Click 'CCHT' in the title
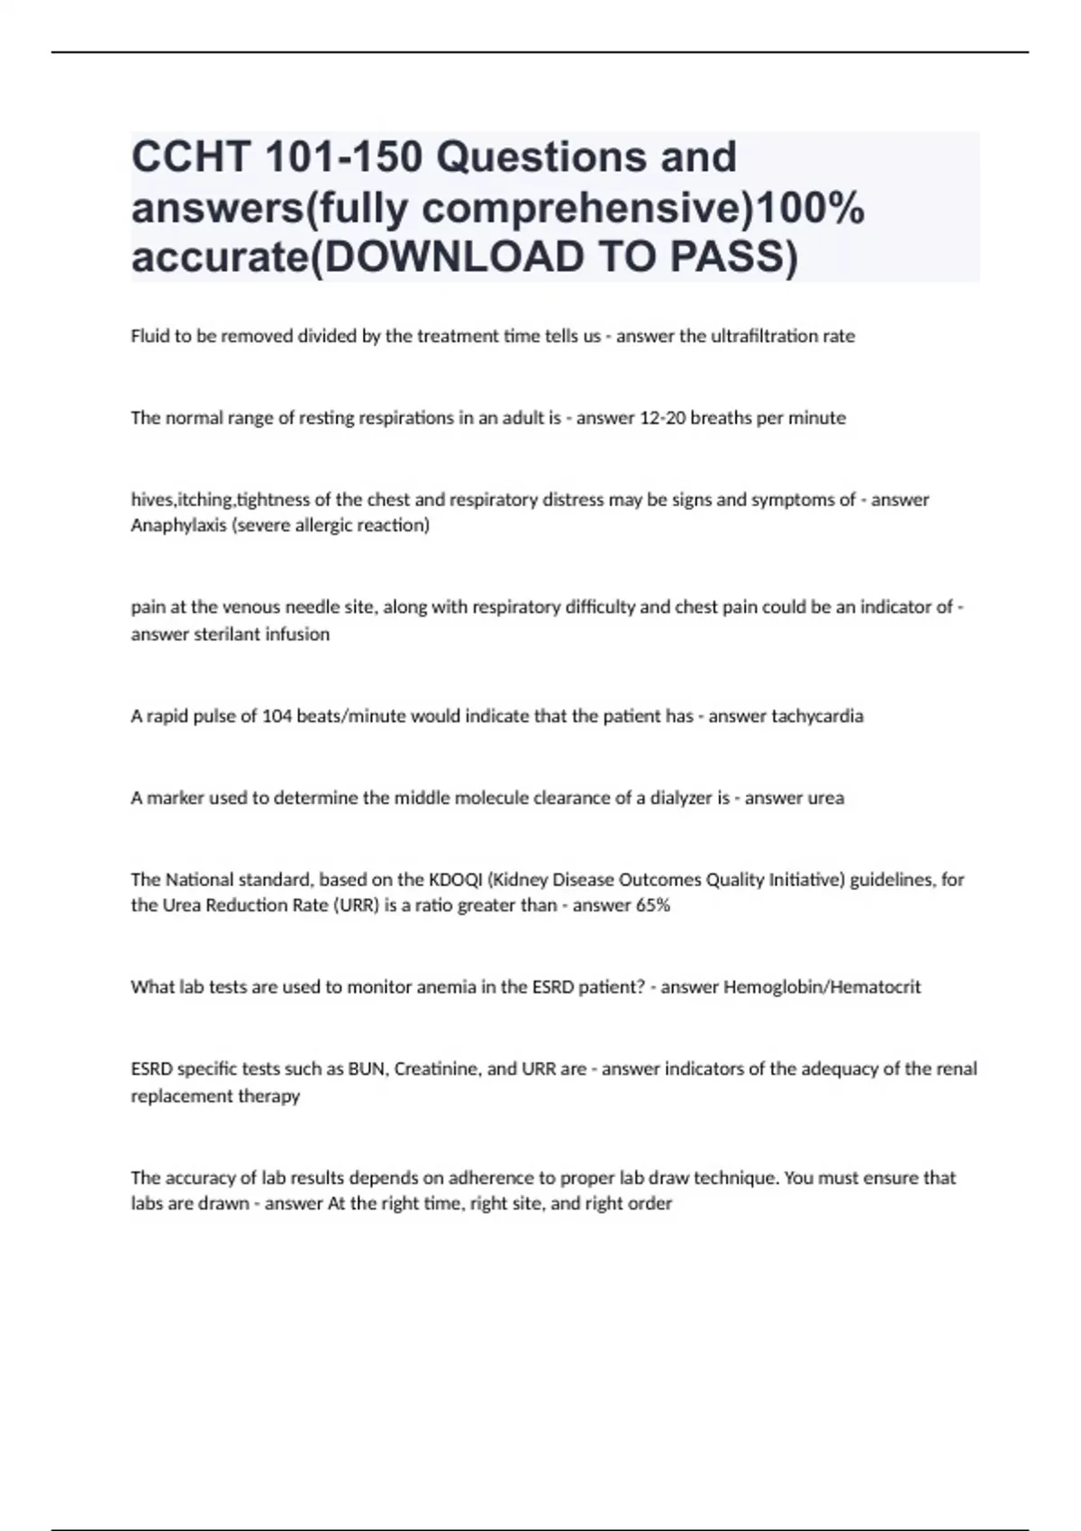189,158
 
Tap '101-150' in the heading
344,158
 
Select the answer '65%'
652,905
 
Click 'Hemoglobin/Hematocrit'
822,987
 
